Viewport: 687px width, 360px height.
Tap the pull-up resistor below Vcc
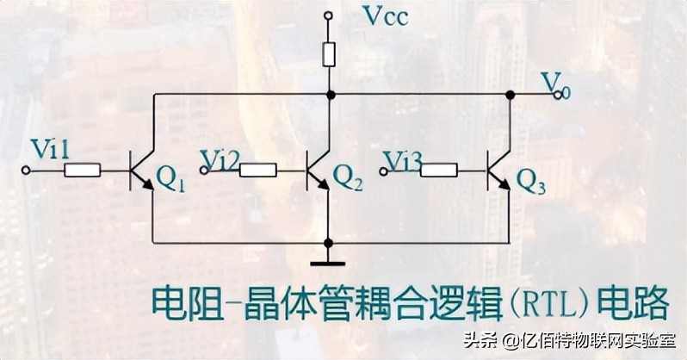[x=329, y=55]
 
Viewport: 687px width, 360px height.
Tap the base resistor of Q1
[x=82, y=171]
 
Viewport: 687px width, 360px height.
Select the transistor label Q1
[x=169, y=180]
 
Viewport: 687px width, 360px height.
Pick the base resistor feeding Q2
[x=257, y=171]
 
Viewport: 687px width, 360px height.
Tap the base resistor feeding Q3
[x=438, y=171]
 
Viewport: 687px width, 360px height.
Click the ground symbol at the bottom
[x=328, y=262]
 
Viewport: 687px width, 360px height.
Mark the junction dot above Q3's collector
[x=510, y=95]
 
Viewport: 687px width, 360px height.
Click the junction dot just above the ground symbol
[x=329, y=243]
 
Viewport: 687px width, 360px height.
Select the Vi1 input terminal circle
[x=26, y=171]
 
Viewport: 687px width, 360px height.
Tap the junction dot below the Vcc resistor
[x=329, y=95]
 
